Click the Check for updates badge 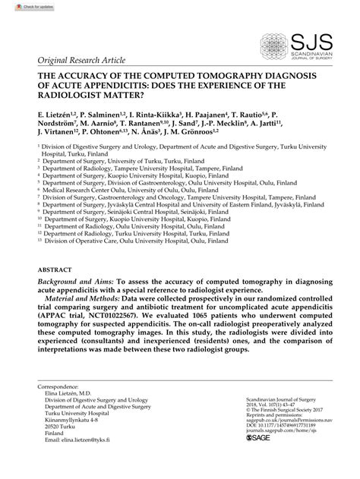(x=23, y=7)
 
